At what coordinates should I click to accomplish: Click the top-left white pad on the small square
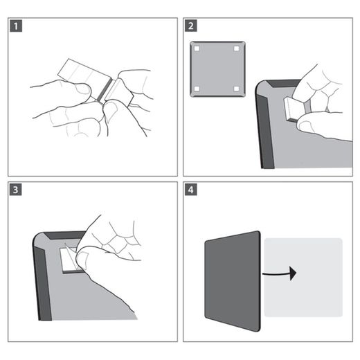point(197,48)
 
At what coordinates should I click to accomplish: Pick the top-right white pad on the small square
point(236,48)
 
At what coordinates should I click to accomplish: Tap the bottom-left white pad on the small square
point(197,88)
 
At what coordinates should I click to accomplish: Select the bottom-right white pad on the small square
point(236,88)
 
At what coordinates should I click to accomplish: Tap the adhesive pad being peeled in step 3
point(67,260)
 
